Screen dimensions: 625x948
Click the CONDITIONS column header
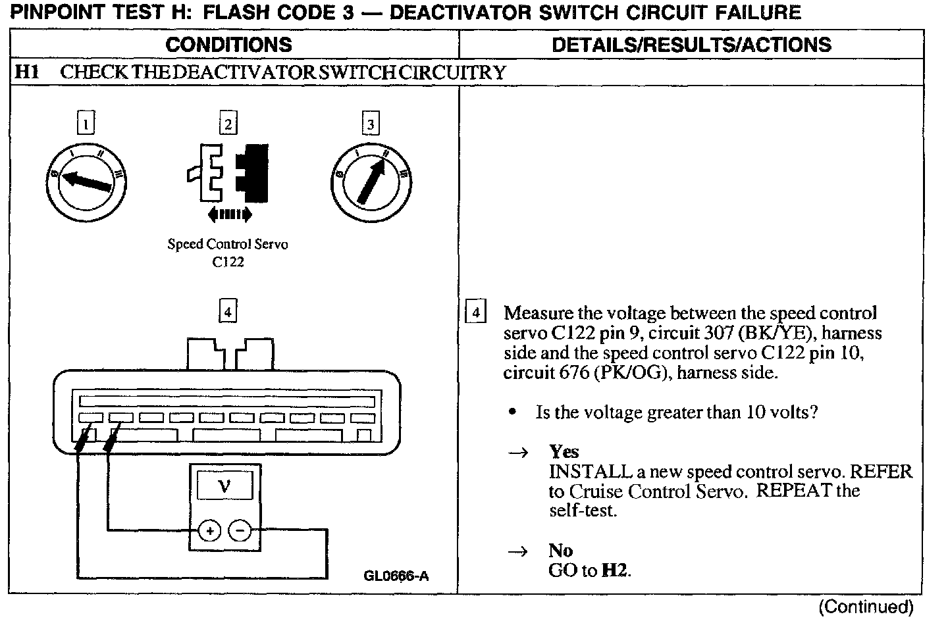click(x=228, y=45)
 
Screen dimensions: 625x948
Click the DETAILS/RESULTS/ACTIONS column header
click(x=691, y=45)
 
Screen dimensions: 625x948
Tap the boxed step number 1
click(x=86, y=124)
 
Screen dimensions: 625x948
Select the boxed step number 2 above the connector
click(x=228, y=124)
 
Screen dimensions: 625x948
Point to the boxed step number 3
click(x=371, y=124)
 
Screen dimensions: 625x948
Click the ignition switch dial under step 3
click(x=371, y=180)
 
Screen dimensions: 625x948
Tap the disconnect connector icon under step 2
click(x=228, y=172)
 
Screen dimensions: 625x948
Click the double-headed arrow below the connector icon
click(x=228, y=213)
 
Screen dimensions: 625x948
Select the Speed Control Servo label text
click(x=228, y=244)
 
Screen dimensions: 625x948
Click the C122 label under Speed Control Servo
click(x=228, y=262)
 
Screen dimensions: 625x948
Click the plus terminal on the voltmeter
click(x=209, y=530)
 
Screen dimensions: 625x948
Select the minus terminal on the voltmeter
click(x=240, y=530)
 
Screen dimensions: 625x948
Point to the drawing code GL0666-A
click(x=396, y=576)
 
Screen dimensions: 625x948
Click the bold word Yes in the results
click(x=564, y=452)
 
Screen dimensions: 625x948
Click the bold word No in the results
click(x=560, y=551)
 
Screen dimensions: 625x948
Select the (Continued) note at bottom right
click(x=866, y=607)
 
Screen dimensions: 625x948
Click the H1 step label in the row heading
click(x=28, y=72)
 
